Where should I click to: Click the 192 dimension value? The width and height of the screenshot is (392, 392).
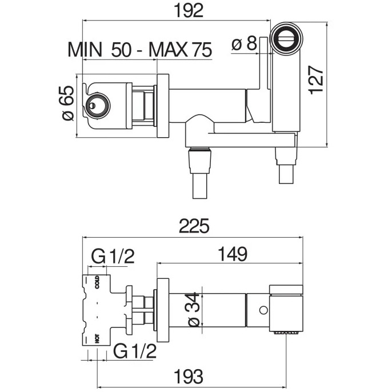(x=189, y=11)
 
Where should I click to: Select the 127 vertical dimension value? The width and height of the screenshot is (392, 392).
(x=316, y=80)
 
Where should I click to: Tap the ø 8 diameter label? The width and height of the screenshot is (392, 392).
(x=244, y=43)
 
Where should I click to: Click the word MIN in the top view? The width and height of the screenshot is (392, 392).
(x=85, y=50)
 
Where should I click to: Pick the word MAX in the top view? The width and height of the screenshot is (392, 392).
(x=168, y=50)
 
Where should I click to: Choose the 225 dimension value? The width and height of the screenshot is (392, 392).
(x=194, y=226)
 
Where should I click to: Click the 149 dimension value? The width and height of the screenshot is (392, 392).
(x=233, y=254)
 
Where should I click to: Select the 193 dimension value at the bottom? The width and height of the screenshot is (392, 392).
(x=189, y=376)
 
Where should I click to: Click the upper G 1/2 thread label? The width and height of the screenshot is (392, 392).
(x=113, y=257)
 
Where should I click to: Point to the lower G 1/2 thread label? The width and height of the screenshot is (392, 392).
(x=135, y=351)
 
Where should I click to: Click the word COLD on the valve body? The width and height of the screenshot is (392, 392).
(x=97, y=282)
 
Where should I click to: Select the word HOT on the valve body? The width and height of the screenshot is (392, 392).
(x=97, y=338)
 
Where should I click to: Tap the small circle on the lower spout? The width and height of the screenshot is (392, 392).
(x=263, y=310)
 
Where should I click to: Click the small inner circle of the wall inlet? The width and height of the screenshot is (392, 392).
(x=92, y=106)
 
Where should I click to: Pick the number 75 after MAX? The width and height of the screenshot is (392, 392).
(x=202, y=50)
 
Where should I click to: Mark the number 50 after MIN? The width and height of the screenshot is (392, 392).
(x=121, y=50)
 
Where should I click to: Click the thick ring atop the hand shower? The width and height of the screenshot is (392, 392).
(x=286, y=38)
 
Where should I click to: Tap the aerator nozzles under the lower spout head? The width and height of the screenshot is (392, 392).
(x=288, y=333)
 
